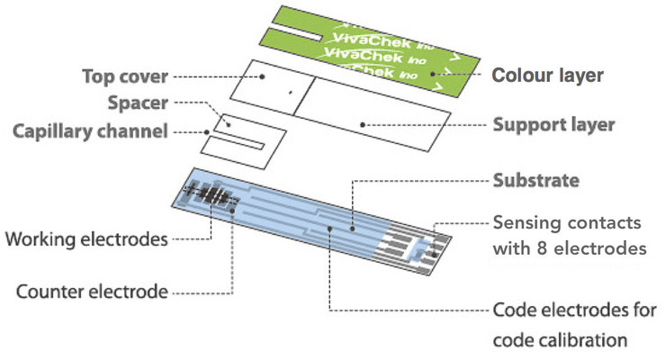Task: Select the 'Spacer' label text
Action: point(138,103)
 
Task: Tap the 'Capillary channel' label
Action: point(90,131)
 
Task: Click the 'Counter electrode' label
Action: point(92,292)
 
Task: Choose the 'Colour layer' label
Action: point(546,76)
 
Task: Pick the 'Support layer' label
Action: point(553,124)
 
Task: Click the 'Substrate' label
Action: point(535,180)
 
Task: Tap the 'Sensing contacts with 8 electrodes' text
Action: point(570,234)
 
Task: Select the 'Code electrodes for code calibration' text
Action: point(568,325)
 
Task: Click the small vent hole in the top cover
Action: point(290,91)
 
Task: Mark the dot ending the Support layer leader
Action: point(361,124)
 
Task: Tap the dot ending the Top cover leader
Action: point(263,76)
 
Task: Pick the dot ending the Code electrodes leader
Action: point(330,229)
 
